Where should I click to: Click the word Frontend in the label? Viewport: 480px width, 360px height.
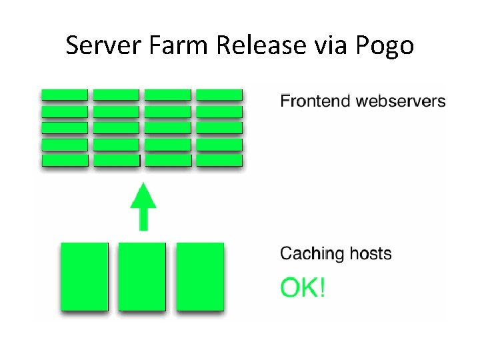point(315,101)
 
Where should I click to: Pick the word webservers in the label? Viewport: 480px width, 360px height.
point(400,101)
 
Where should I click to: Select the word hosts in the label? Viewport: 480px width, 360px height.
point(369,254)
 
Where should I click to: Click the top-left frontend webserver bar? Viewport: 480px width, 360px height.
point(65,95)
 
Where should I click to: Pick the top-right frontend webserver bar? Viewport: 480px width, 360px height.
point(219,95)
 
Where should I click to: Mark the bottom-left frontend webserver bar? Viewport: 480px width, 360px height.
point(65,160)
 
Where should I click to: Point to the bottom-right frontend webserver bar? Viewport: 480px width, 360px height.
point(219,160)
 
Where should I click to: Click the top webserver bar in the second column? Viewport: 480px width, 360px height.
point(116,95)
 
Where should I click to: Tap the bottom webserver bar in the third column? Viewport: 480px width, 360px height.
point(168,160)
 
